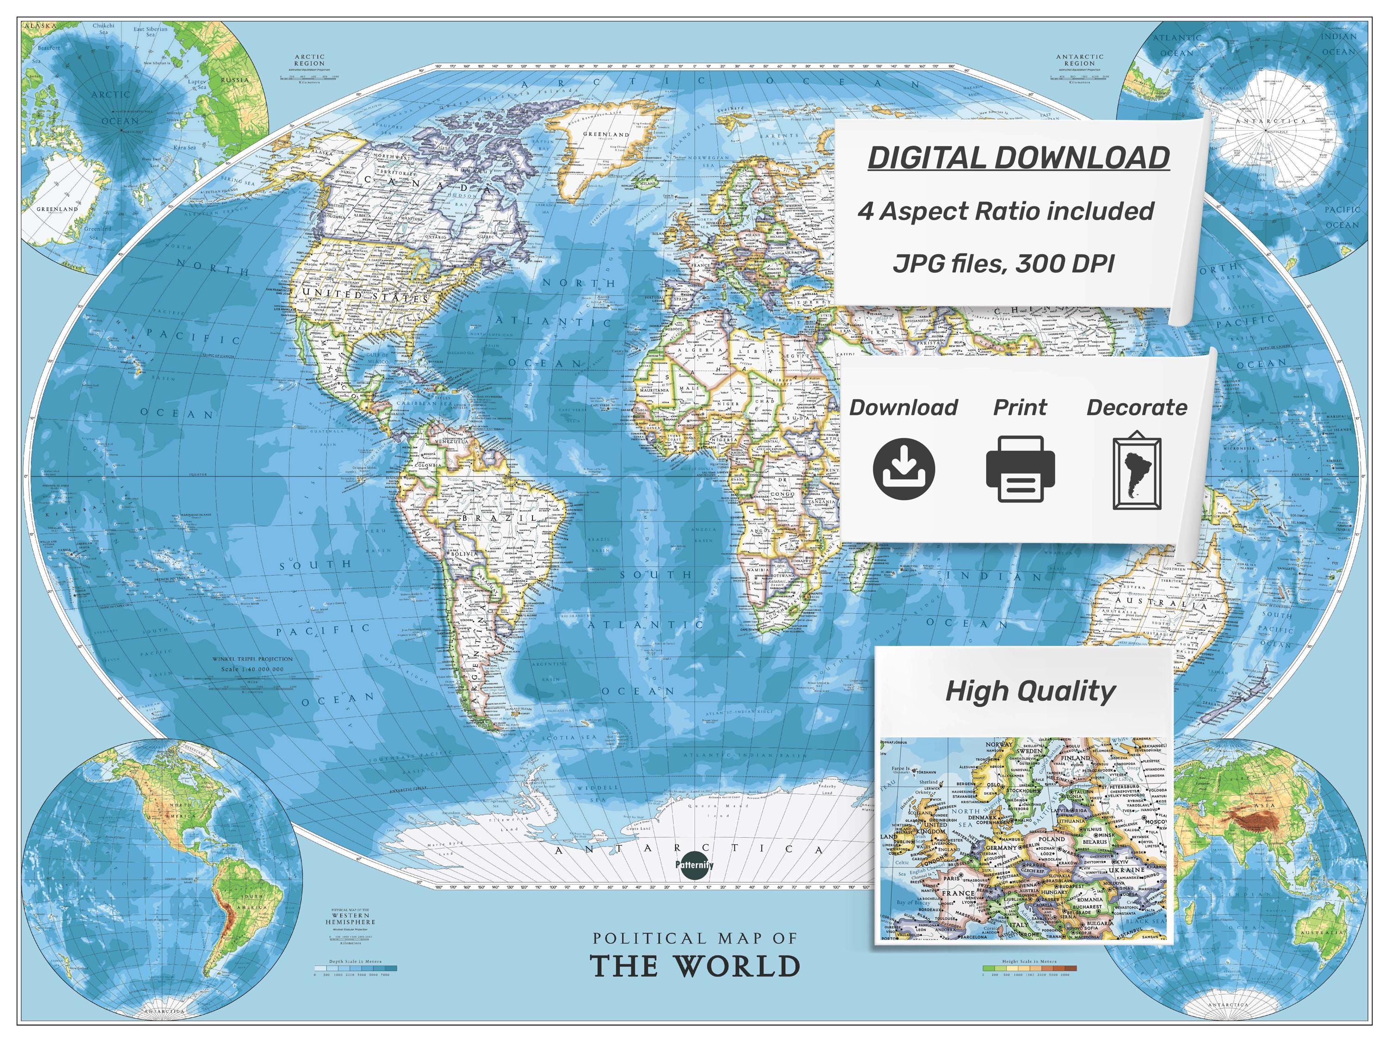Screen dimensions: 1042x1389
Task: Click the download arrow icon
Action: click(904, 469)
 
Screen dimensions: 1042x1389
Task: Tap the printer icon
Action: click(1020, 469)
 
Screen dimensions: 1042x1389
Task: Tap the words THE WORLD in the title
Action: click(695, 967)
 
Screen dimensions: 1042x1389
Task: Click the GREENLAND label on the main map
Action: click(606, 135)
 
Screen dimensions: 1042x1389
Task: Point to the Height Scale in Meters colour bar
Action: click(1029, 968)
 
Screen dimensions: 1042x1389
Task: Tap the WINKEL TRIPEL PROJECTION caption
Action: click(252, 659)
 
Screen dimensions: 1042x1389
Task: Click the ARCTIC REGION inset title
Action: click(310, 60)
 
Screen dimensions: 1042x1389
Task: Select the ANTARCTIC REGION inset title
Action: click(1079, 60)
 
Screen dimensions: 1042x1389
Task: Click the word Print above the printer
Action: click(1020, 408)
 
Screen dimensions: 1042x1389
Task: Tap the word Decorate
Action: click(1137, 408)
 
